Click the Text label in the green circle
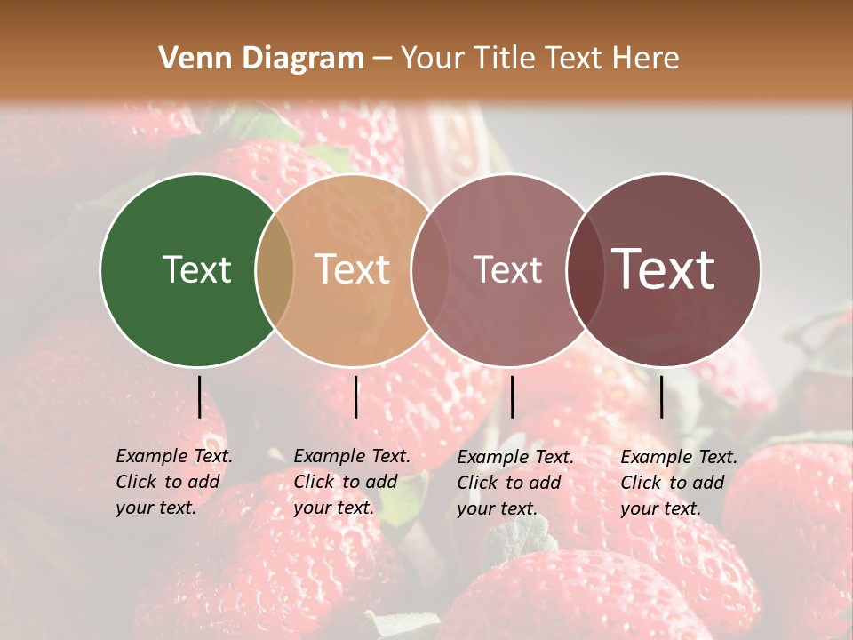(196, 269)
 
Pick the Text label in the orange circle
(353, 269)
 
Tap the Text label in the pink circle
(507, 269)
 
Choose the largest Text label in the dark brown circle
(664, 269)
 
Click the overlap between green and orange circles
(275, 269)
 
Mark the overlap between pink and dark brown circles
(586, 269)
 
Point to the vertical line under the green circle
(199, 396)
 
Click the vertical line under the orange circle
(355, 396)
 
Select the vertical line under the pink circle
(512, 396)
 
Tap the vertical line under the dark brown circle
(661, 396)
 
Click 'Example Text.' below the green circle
(174, 456)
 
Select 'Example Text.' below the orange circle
(352, 456)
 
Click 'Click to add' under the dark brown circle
(672, 483)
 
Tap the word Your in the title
(432, 59)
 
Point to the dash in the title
(382, 59)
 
